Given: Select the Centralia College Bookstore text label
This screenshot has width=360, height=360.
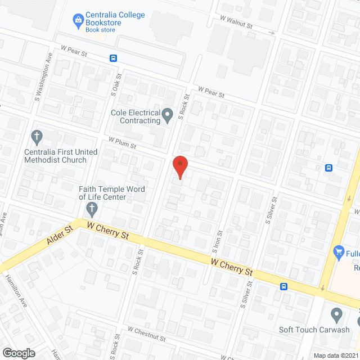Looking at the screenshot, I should coord(115,19).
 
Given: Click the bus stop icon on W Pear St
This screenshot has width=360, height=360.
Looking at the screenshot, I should coord(114,58).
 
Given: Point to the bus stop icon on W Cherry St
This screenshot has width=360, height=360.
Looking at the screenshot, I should coord(284,286).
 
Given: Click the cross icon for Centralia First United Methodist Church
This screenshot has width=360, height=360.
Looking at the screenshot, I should coord(37,137).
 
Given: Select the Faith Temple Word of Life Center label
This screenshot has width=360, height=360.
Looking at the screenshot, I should coord(112,193).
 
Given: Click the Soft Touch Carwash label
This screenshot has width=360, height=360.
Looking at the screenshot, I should coord(314,330).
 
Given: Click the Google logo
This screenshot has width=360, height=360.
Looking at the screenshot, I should coord(18,353).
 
